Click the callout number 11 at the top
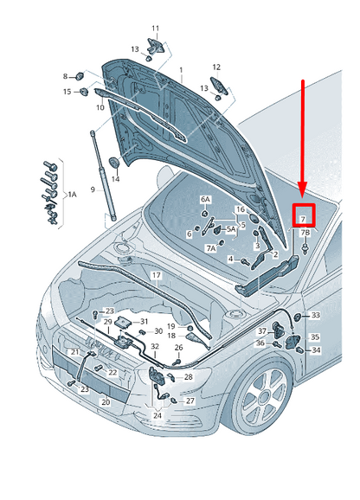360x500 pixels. [155, 29]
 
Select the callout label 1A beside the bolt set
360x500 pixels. [73, 194]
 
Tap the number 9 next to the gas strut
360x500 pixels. [93, 189]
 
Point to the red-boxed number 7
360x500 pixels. [303, 219]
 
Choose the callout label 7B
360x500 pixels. [305, 233]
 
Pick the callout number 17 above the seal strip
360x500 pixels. [157, 275]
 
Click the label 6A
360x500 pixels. [205, 200]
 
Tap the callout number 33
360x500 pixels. [315, 315]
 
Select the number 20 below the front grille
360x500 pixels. [106, 402]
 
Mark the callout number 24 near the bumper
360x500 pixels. [157, 415]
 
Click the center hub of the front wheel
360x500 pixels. [264, 397]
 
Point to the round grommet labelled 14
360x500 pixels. [114, 163]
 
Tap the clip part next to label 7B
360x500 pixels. [305, 249]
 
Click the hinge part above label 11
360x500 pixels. [156, 46]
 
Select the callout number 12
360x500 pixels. [216, 67]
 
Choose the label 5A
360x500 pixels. [231, 229]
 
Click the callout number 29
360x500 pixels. [108, 322]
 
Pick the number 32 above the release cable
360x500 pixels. [155, 346]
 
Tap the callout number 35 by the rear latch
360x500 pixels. [315, 337]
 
